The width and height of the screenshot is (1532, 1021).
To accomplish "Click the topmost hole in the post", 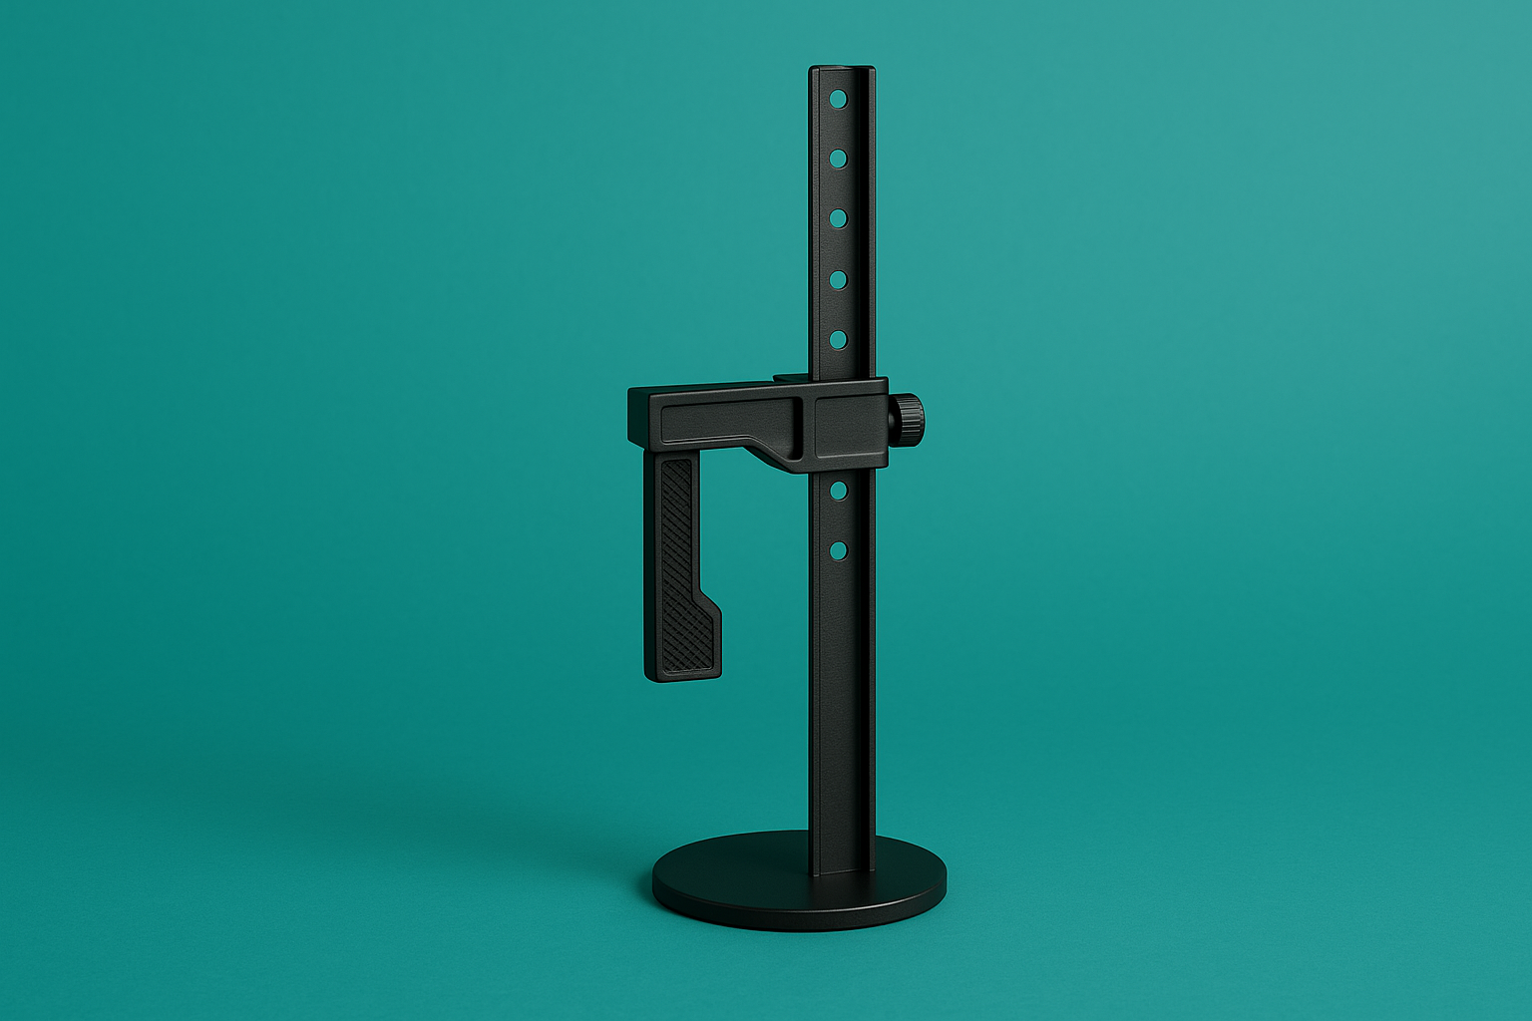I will tap(838, 99).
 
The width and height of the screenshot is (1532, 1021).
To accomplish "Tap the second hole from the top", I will tap(838, 158).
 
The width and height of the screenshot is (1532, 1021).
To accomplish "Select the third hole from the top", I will tap(838, 218).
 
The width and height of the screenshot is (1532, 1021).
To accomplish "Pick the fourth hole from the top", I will tap(838, 279).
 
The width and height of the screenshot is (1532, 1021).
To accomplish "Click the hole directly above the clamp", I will tap(838, 340).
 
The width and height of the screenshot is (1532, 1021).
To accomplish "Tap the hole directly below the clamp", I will tap(838, 490).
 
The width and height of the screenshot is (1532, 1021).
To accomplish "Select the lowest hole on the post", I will tap(838, 549).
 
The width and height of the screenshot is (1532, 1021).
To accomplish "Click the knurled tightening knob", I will tap(908, 419).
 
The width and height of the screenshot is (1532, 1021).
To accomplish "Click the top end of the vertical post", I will tap(842, 70).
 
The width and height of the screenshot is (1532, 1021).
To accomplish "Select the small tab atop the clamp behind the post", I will tap(790, 378).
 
